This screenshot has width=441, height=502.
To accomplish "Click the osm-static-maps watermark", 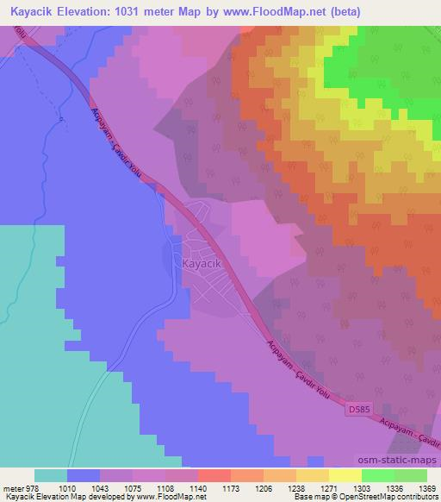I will [x=400, y=461].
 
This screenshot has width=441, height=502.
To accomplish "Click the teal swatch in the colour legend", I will [x=51, y=475].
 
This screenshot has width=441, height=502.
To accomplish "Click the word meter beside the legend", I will [x=12, y=488].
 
